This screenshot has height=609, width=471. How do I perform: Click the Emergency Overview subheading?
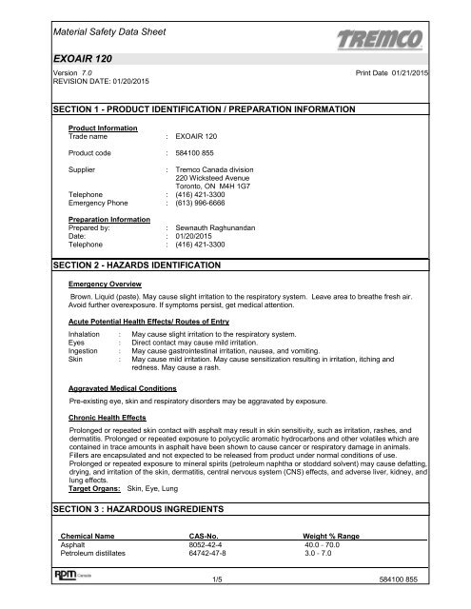(104, 310)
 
